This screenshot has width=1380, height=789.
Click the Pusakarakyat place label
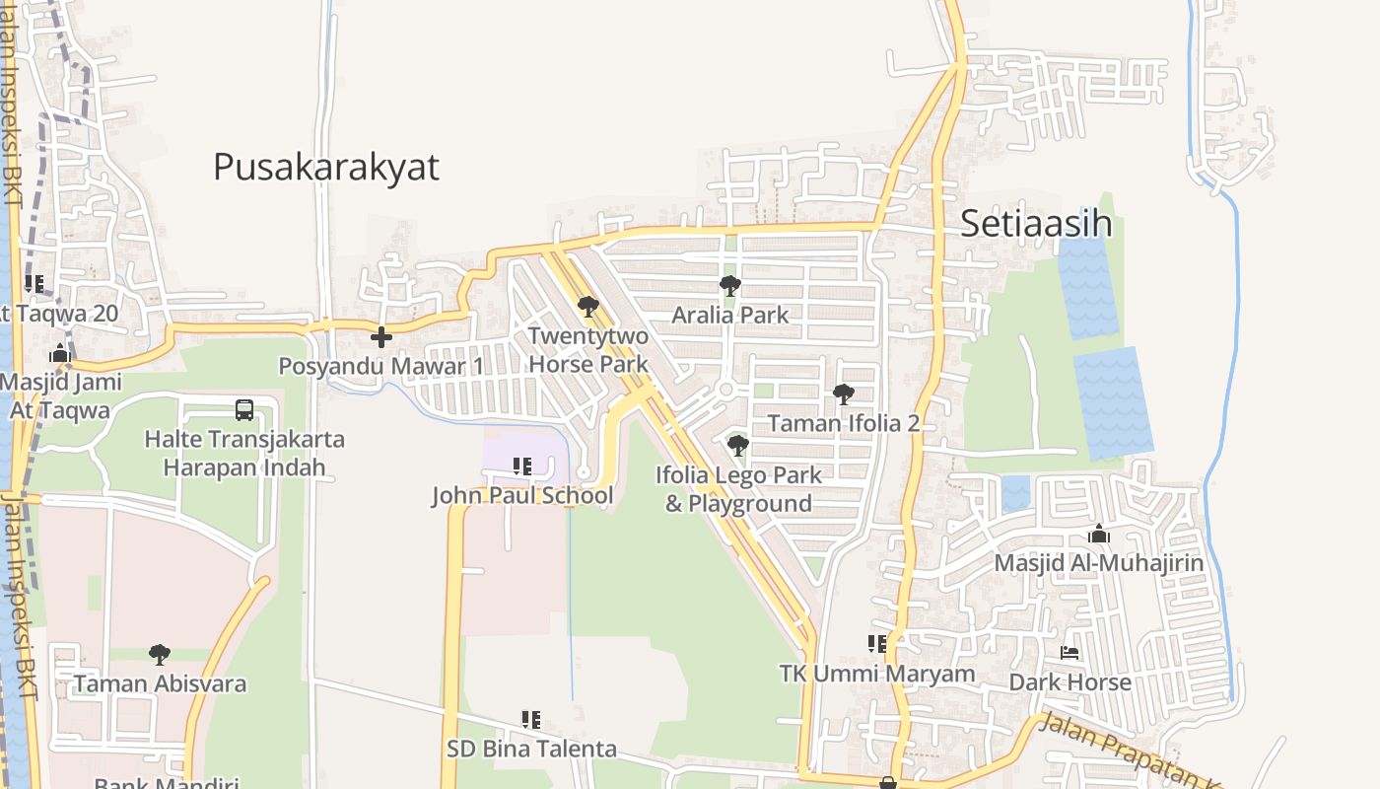tap(325, 167)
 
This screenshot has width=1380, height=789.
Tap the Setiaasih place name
tap(1035, 224)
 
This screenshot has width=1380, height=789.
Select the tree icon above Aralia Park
tap(730, 286)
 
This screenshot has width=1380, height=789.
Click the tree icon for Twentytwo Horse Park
tap(588, 307)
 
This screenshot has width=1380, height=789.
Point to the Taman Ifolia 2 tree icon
tap(843, 394)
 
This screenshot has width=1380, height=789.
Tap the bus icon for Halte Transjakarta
tap(244, 409)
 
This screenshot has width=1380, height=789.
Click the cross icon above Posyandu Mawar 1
tap(381, 337)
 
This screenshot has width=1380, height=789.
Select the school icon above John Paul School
tap(522, 466)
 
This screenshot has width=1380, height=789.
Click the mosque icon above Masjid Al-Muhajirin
tap(1099, 535)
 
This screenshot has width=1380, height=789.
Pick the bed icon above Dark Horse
tap(1069, 653)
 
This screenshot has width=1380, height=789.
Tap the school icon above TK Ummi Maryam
tap(876, 644)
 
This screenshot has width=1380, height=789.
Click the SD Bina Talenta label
tap(531, 749)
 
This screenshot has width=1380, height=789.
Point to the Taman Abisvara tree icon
tap(160, 654)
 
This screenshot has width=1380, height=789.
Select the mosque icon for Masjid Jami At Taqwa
tap(60, 353)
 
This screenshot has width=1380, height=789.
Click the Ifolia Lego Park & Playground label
tap(738, 489)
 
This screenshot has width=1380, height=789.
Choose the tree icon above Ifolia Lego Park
tap(737, 446)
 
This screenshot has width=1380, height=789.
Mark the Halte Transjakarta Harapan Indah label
tap(244, 453)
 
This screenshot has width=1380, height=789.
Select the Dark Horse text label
tap(1069, 681)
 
